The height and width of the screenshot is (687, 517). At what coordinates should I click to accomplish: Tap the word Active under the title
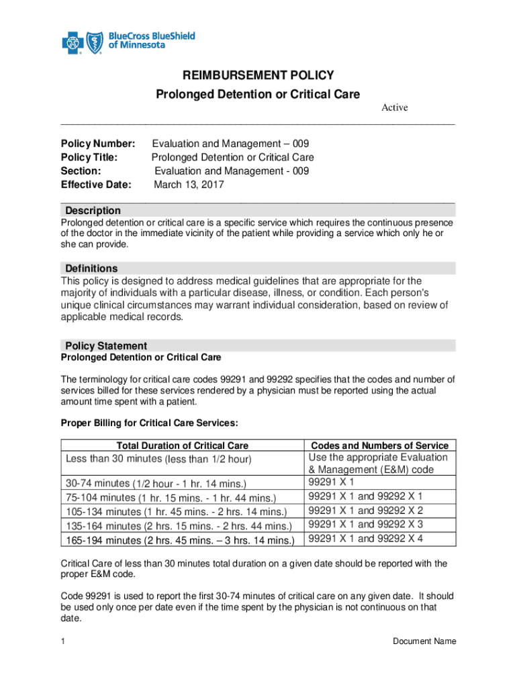[x=395, y=107]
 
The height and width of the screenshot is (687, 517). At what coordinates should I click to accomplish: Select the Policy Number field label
[x=98, y=144]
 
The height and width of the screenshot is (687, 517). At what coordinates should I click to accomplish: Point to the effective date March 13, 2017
[x=189, y=184]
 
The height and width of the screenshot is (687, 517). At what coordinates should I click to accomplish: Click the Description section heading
[x=93, y=211]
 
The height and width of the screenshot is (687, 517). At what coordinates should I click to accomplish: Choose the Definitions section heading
[x=91, y=268]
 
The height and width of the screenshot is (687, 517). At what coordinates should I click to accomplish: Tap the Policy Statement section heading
[x=106, y=346]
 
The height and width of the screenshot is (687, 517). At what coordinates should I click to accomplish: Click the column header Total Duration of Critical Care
[x=183, y=445]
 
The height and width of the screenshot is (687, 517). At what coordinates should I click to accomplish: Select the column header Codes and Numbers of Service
[x=380, y=445]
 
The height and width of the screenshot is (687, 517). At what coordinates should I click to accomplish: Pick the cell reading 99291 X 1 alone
[x=331, y=482]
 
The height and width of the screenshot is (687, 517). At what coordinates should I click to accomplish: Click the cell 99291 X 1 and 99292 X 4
[x=365, y=539]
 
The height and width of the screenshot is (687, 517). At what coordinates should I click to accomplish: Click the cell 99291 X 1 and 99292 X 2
[x=365, y=511]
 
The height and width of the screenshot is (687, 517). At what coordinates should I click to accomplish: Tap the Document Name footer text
[x=424, y=641]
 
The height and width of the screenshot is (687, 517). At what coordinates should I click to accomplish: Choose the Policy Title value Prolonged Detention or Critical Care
[x=233, y=158]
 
